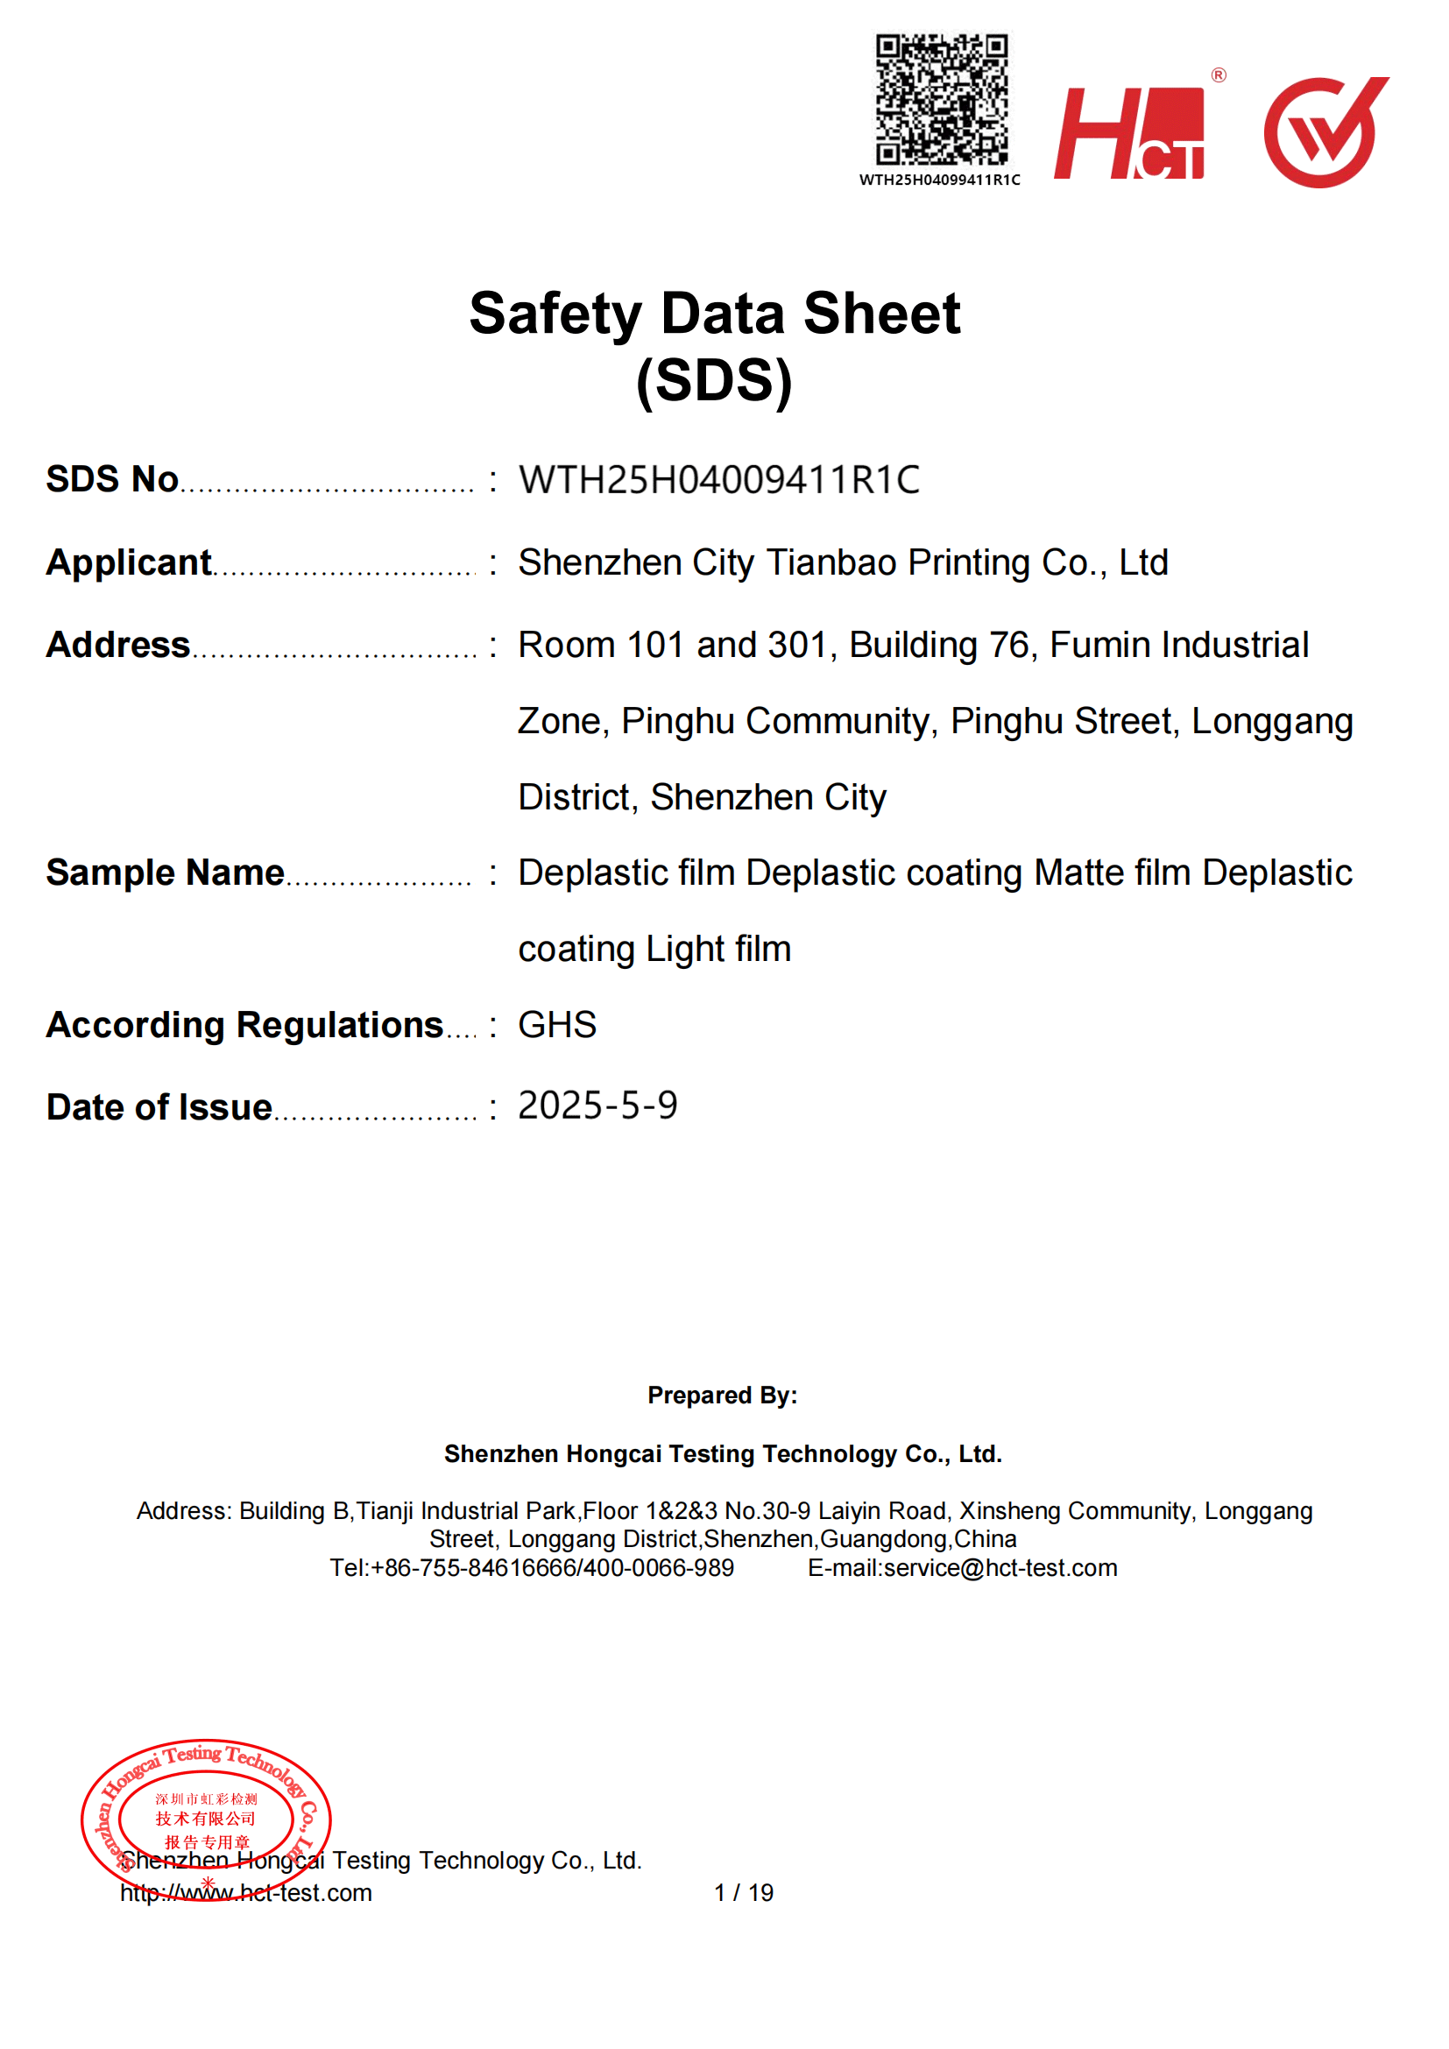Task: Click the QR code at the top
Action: [x=941, y=99]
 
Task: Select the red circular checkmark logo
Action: [x=1325, y=132]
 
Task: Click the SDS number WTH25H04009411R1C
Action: [x=719, y=480]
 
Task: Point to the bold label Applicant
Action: [x=129, y=563]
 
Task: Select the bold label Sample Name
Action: [x=165, y=873]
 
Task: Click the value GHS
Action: [x=557, y=1026]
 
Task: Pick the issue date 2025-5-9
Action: [x=597, y=1106]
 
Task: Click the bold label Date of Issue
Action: [x=159, y=1107]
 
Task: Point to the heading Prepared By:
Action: [x=723, y=1395]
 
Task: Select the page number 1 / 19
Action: [x=743, y=1893]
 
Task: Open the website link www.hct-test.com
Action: [x=246, y=1893]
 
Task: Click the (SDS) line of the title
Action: [x=714, y=381]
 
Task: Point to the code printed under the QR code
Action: [x=939, y=180]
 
